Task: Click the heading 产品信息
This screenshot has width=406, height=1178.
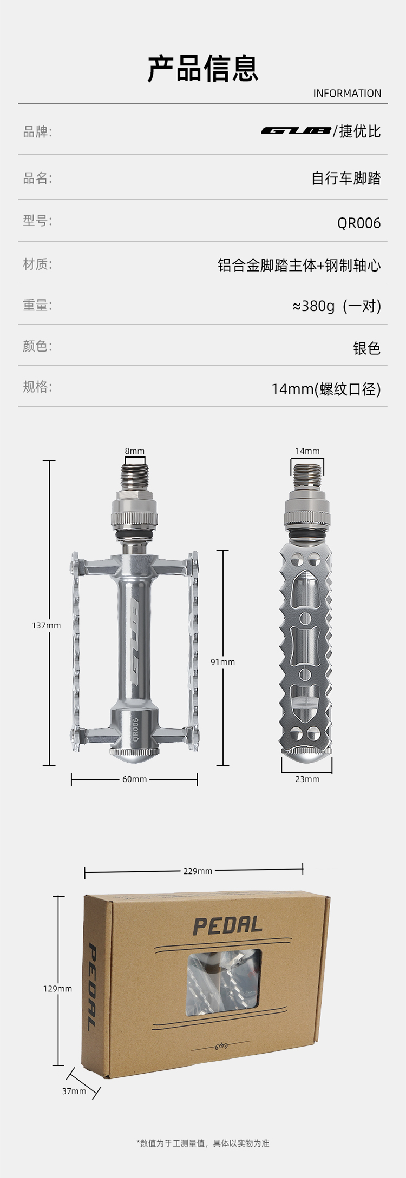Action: tap(203, 69)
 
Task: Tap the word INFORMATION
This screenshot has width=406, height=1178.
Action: tap(347, 94)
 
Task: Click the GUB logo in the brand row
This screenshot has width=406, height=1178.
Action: tap(296, 131)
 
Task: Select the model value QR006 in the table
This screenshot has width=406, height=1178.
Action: tap(359, 223)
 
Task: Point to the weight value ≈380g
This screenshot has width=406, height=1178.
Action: tap(313, 306)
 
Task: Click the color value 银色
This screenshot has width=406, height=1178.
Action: tap(367, 348)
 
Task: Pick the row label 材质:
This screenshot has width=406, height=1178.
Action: tap(37, 264)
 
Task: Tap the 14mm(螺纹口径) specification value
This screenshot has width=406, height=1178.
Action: tap(326, 389)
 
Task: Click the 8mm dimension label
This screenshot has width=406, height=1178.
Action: tap(135, 451)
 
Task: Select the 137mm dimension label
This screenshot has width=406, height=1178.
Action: tap(47, 625)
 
